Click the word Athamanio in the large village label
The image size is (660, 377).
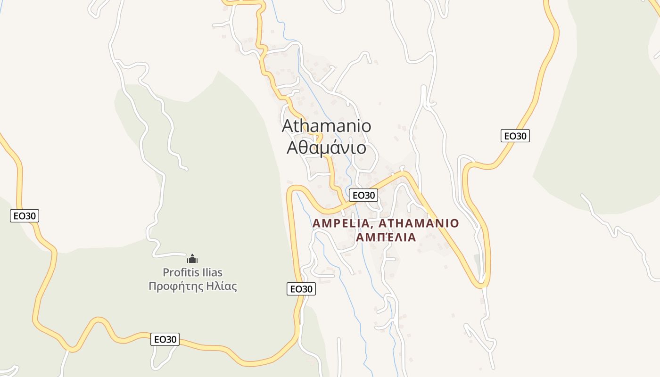326,126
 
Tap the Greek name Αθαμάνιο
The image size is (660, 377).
326,148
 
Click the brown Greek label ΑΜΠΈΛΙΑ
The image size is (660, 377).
386,238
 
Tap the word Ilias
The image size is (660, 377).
210,272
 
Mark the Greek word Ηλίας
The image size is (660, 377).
221,286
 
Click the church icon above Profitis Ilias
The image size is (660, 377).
192,259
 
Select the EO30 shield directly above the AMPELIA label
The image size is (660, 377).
363,195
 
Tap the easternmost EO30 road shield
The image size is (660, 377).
515,136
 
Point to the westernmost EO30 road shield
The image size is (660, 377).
24,216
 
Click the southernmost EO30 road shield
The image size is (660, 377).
165,339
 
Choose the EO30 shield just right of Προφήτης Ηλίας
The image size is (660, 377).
301,289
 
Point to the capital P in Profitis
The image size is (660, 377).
166,272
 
